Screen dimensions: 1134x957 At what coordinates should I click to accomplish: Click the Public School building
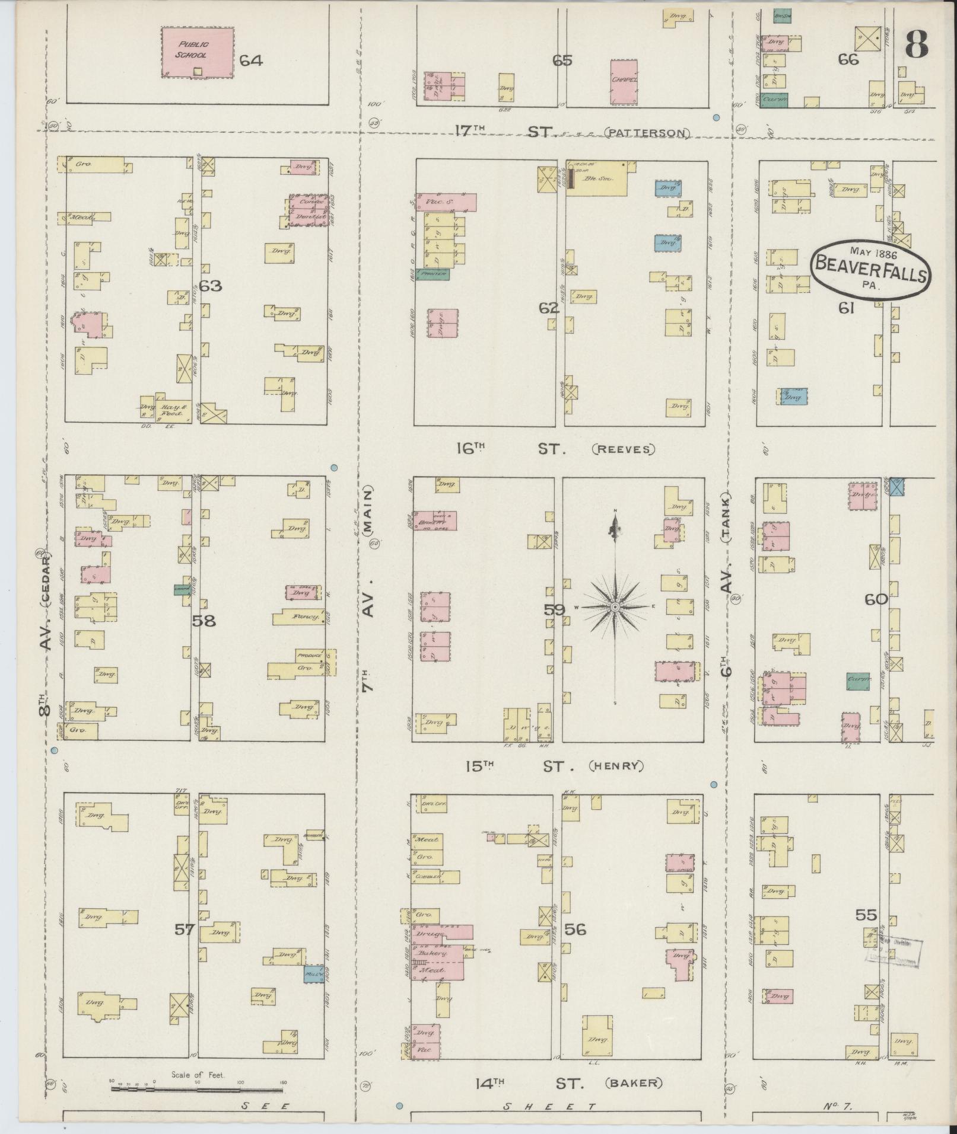pyautogui.click(x=197, y=52)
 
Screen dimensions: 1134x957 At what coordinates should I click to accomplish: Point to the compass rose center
pyautogui.click(x=615, y=607)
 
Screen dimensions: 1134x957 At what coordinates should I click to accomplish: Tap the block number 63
pyautogui.click(x=210, y=286)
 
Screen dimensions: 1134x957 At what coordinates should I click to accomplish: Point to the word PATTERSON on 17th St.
pyautogui.click(x=648, y=133)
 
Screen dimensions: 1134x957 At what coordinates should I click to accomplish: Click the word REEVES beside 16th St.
pyautogui.click(x=624, y=449)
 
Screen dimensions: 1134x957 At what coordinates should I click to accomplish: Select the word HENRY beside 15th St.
pyautogui.click(x=616, y=766)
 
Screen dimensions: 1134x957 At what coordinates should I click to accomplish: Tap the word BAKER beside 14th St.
pyautogui.click(x=634, y=1083)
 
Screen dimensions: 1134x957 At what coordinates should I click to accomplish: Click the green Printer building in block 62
pyautogui.click(x=432, y=274)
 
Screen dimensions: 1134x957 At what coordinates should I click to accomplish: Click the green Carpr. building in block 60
pyautogui.click(x=858, y=679)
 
